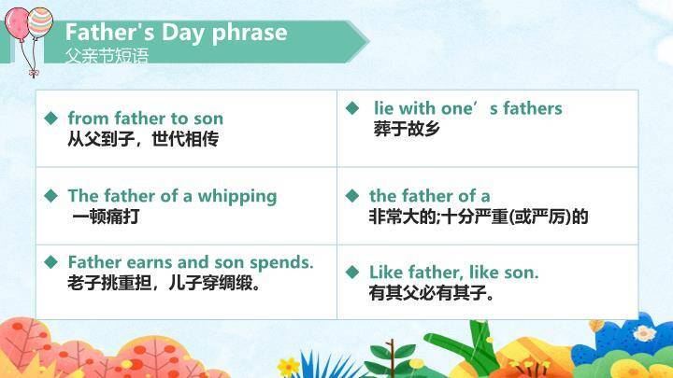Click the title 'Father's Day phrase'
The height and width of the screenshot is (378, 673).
(x=176, y=33)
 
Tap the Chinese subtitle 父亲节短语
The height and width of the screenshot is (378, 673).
(x=107, y=55)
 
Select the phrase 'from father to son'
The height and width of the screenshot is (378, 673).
(x=145, y=119)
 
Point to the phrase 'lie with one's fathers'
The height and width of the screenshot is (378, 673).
(x=467, y=108)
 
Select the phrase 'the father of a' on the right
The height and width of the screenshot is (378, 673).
(x=429, y=196)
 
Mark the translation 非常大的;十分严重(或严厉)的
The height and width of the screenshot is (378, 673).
(x=479, y=217)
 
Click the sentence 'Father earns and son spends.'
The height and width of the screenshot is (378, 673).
(x=190, y=262)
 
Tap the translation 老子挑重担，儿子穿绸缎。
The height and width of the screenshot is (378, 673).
(x=164, y=282)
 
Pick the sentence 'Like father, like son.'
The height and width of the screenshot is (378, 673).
(x=453, y=273)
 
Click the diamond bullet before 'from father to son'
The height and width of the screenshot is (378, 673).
(x=51, y=119)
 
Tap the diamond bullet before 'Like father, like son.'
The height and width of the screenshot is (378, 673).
(x=352, y=273)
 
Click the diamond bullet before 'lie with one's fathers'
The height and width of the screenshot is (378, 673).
(x=352, y=108)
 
